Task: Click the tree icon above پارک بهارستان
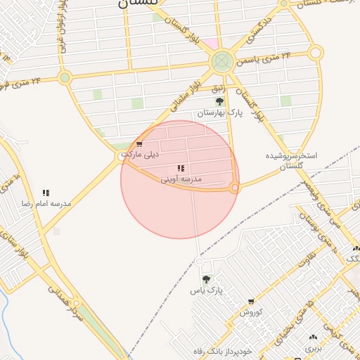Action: click(219, 102)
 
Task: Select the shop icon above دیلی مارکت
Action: click(139, 144)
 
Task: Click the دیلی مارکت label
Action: click(141, 153)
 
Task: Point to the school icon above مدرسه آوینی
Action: click(181, 169)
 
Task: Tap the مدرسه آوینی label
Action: click(181, 179)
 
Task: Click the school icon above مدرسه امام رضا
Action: click(46, 193)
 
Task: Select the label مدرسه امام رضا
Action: click(46, 203)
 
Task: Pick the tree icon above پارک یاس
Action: click(206, 279)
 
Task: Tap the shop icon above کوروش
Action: click(251, 302)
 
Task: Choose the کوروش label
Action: click(251, 311)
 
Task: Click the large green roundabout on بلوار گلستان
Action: click(222, 61)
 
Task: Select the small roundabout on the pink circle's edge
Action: click(236, 188)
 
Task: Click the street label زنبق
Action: click(219, 88)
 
